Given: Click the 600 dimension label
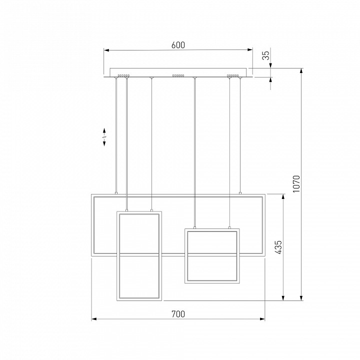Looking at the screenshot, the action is point(178,45).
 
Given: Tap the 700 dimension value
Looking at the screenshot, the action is point(178,314).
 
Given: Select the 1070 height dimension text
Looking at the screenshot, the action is point(296,183).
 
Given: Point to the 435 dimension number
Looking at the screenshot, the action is point(278,247).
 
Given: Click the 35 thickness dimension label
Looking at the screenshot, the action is point(265,55).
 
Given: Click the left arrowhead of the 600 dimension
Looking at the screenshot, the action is point(106,50).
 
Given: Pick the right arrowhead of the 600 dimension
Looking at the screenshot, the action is point(250,50).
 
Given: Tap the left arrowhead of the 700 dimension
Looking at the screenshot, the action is point(94,319).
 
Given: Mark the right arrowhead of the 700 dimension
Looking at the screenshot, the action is point(262,319).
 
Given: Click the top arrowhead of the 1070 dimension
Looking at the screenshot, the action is point(301,71).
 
